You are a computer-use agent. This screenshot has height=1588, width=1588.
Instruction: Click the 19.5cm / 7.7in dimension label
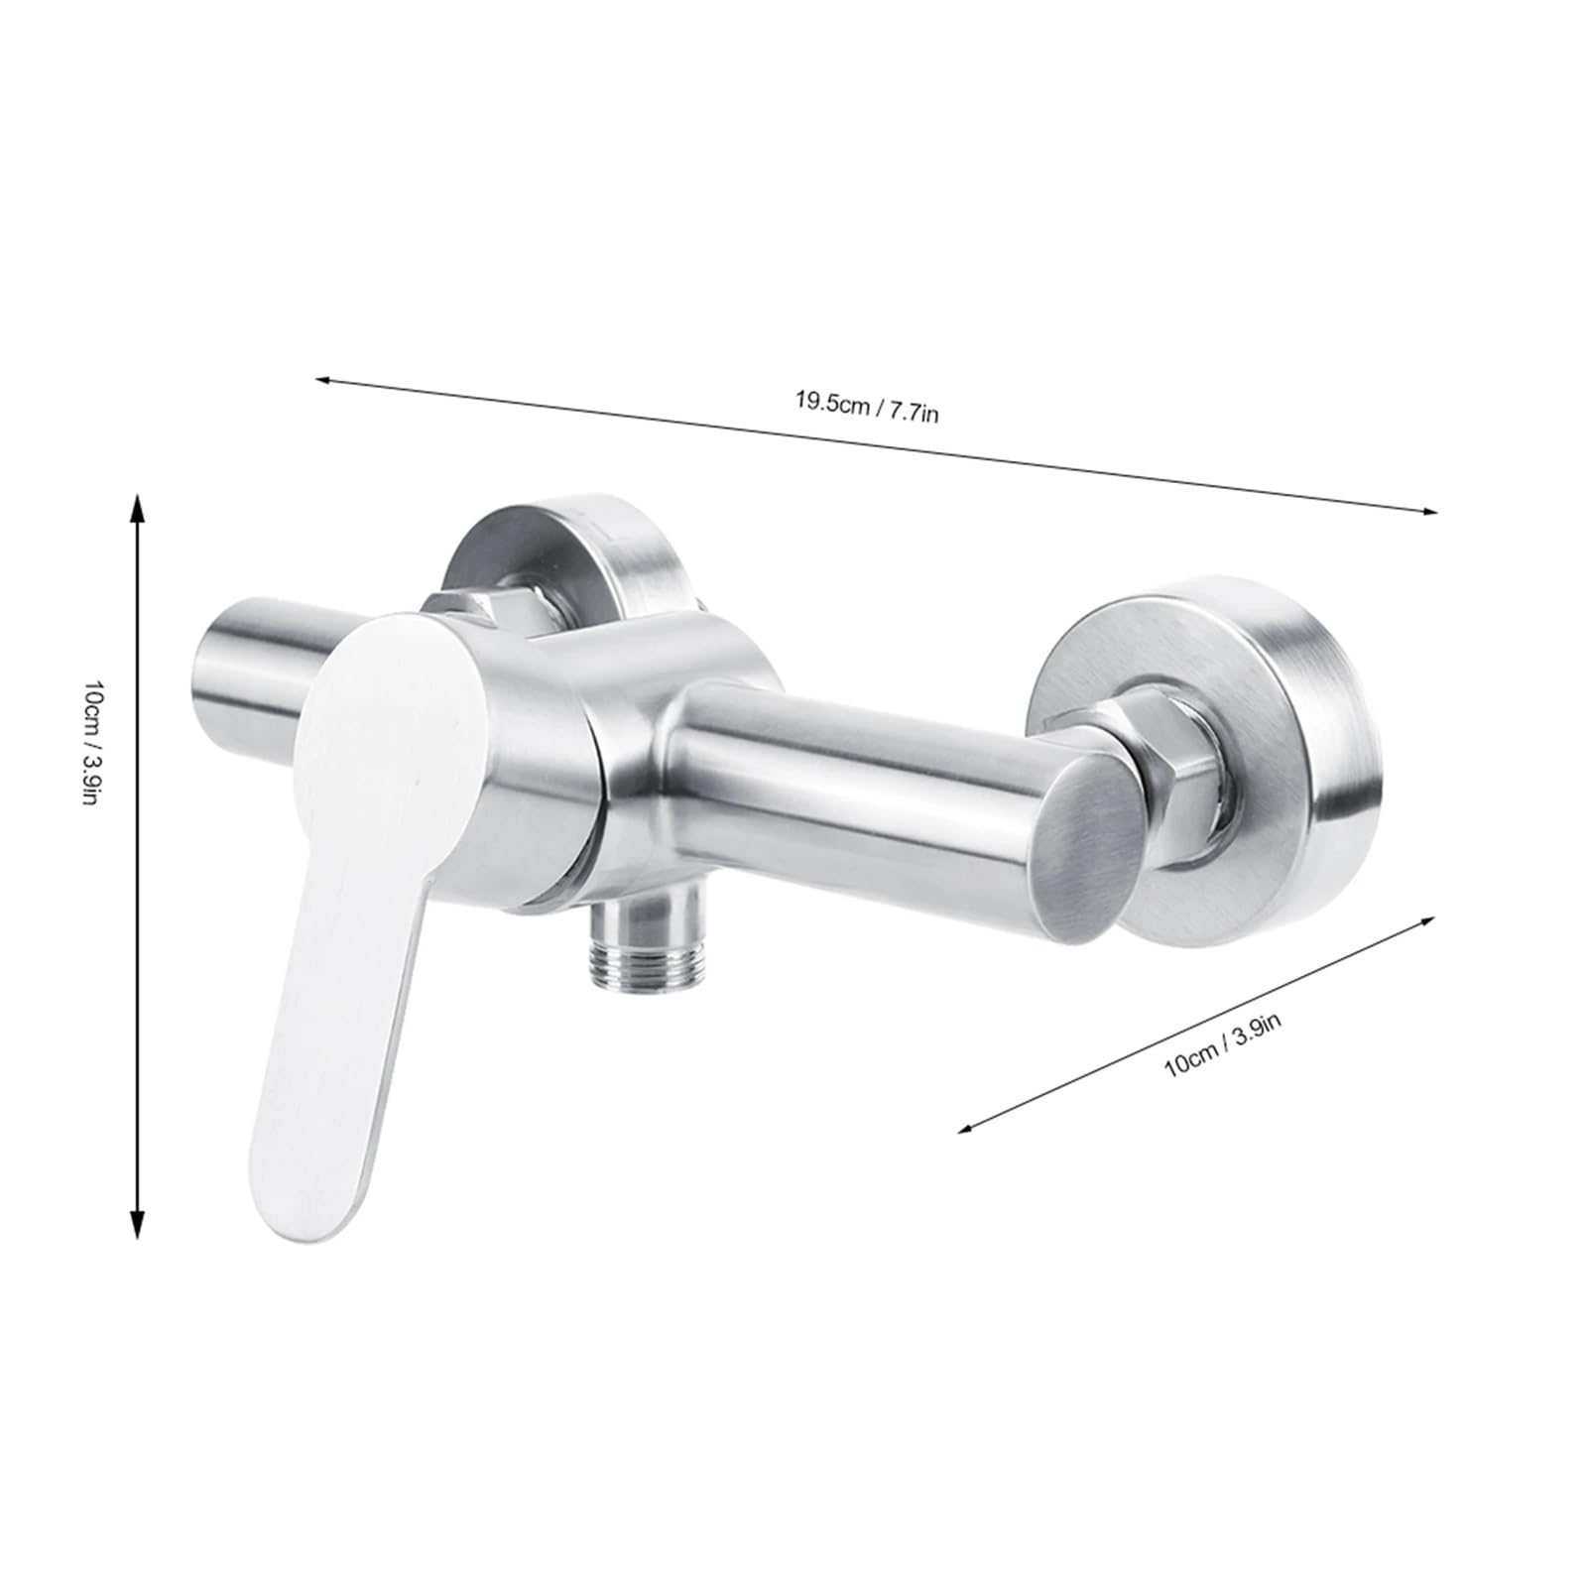click(865, 407)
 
